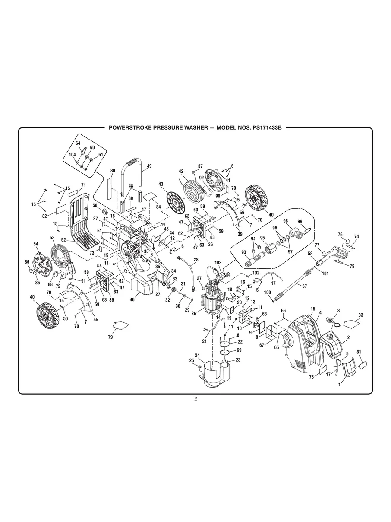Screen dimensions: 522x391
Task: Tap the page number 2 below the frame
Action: click(195, 398)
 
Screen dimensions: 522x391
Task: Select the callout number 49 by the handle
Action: click(149, 166)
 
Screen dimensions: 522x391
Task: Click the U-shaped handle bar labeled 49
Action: click(134, 163)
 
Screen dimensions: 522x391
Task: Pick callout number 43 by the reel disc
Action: click(161, 184)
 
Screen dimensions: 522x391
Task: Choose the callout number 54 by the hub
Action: click(36, 244)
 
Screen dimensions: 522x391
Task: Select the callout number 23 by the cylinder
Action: click(237, 360)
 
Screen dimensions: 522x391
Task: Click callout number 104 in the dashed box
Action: click(72, 155)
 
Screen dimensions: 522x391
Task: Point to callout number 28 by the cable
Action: click(195, 260)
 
